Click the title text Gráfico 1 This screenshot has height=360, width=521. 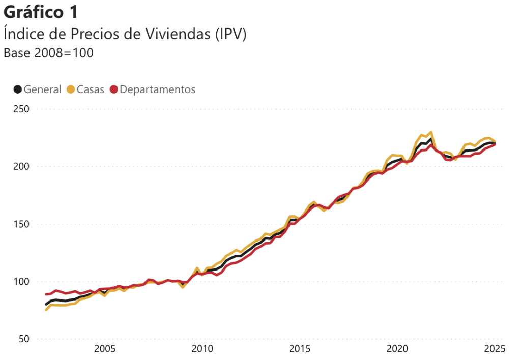[41, 12]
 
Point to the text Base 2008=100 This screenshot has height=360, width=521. [48, 53]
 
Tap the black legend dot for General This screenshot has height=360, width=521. [18, 89]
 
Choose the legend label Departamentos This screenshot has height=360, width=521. [158, 89]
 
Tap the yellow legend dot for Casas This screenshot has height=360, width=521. [71, 89]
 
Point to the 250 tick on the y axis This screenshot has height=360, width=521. [20, 109]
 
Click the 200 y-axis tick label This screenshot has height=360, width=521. [20, 166]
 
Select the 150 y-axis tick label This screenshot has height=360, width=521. [20, 224]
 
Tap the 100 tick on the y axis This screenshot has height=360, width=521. [20, 282]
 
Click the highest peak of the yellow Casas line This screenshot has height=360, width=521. [431, 132]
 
